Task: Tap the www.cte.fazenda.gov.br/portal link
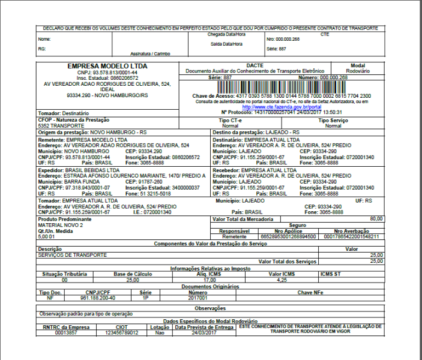(x=282, y=107)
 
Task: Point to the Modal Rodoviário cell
(x=358, y=68)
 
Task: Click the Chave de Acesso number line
(x=282, y=96)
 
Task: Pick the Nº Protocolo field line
(x=282, y=112)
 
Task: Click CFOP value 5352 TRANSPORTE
(x=61, y=126)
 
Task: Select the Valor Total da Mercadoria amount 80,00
(x=376, y=219)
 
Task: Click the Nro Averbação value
(x=351, y=237)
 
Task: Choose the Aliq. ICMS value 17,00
(x=209, y=280)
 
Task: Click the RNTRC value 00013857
(x=66, y=332)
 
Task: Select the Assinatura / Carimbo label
(x=152, y=53)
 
